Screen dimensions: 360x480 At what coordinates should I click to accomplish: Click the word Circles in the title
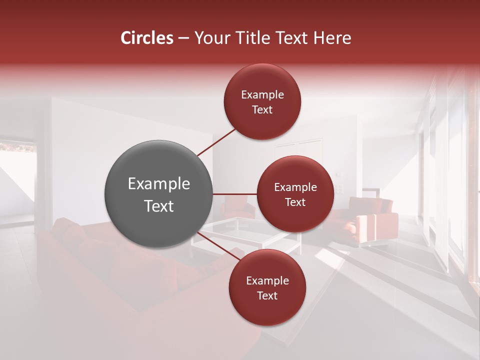[x=147, y=38]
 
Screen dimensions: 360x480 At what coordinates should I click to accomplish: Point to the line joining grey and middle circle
[x=235, y=194]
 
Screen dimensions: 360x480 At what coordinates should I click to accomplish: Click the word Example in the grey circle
[x=159, y=184]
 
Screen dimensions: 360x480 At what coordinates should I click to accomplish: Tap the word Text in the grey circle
[x=159, y=206]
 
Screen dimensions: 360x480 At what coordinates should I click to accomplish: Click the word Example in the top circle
[x=262, y=95]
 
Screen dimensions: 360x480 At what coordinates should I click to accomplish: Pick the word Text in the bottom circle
[x=267, y=296]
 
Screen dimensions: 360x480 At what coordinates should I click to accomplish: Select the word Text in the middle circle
[x=295, y=202]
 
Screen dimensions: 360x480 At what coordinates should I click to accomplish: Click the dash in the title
[x=183, y=38]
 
